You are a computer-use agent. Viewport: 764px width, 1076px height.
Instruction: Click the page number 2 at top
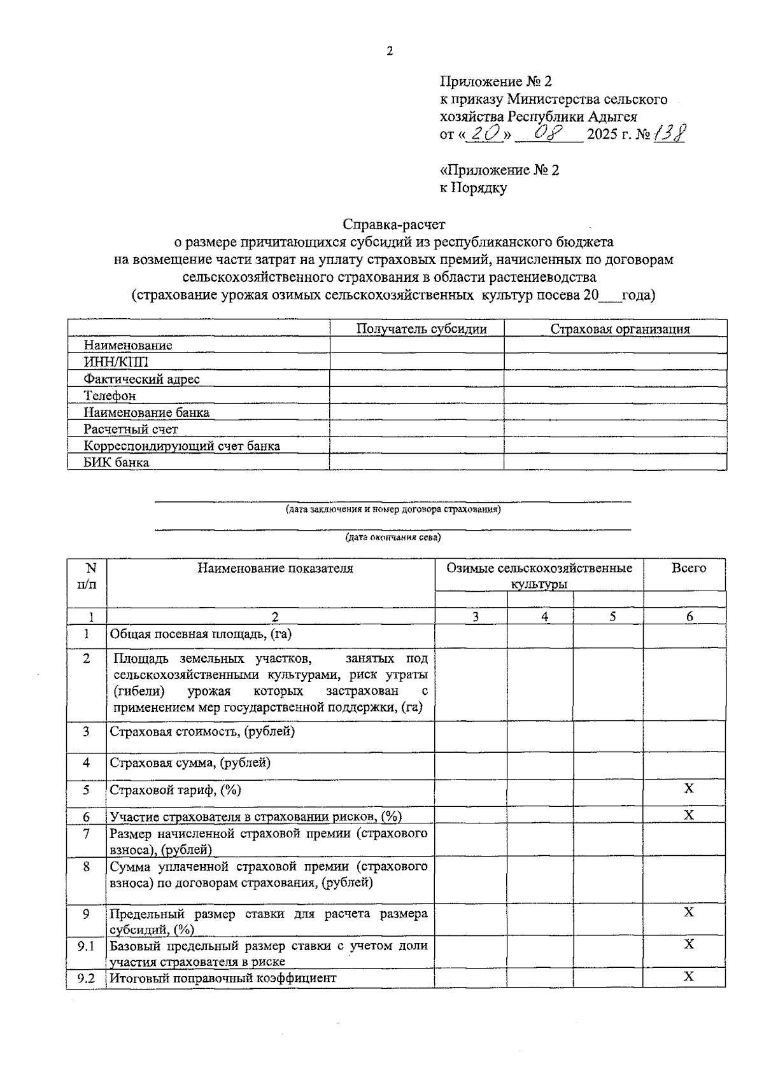(389, 52)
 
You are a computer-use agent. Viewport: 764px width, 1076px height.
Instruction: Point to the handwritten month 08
(548, 133)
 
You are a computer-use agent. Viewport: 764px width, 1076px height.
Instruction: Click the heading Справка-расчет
(394, 224)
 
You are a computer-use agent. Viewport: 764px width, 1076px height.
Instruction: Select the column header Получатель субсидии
(421, 329)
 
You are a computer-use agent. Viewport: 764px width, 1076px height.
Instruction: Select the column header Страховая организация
(619, 329)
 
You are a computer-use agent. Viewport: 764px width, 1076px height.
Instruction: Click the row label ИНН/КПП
(116, 362)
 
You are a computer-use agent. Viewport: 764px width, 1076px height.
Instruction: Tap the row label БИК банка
(117, 463)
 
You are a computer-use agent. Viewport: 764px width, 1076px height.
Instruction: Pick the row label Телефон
(110, 396)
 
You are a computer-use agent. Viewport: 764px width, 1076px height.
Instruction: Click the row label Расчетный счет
(131, 429)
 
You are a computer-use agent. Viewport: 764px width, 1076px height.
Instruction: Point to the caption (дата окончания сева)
(393, 537)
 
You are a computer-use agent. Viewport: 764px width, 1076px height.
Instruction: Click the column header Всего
(688, 568)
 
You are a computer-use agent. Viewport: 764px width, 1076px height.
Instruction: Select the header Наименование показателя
(274, 568)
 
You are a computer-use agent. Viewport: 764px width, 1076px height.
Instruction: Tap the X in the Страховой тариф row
(688, 789)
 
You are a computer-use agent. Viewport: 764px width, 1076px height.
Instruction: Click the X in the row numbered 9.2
(688, 976)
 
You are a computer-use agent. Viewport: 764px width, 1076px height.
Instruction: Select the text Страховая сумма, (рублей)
(190, 762)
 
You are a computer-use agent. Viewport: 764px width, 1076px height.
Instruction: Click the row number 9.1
(86, 946)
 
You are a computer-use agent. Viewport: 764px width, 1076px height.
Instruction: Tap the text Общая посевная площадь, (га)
(201, 634)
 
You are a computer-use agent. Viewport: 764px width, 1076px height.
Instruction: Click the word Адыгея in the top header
(612, 116)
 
